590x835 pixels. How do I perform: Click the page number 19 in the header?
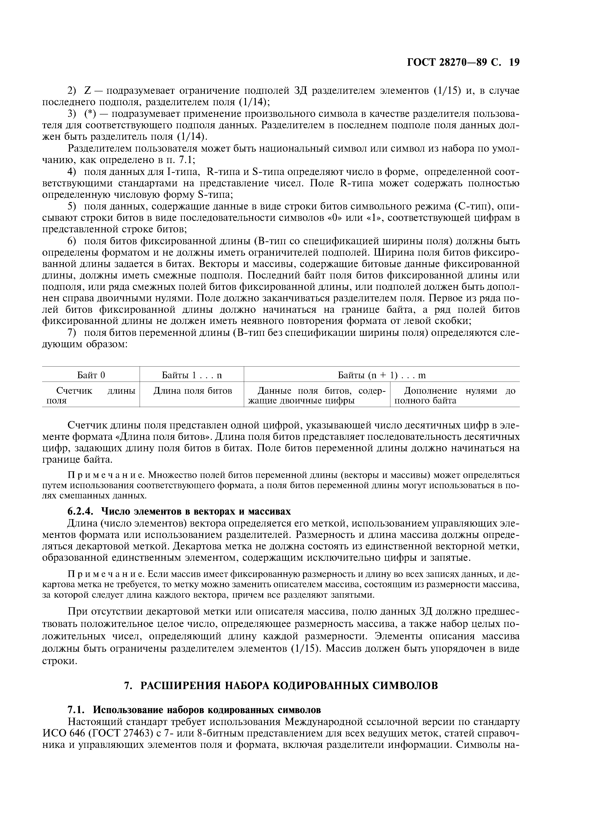(x=514, y=63)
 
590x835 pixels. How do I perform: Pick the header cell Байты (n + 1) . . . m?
(x=382, y=375)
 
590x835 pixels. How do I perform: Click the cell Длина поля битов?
(x=192, y=391)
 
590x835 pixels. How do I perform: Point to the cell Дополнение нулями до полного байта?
(x=455, y=396)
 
